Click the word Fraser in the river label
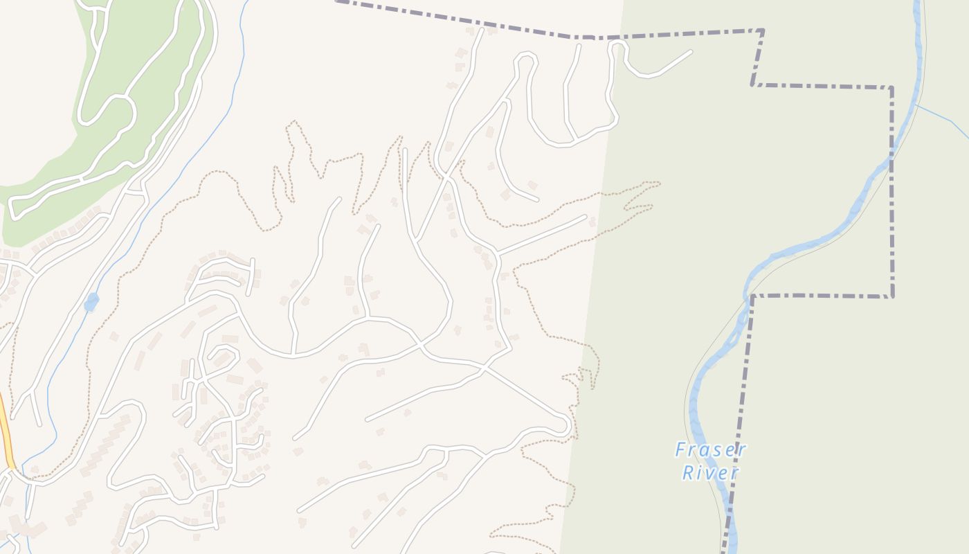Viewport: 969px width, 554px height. (x=711, y=450)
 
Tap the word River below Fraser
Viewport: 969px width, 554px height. (x=710, y=473)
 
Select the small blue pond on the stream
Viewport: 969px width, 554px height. (x=91, y=302)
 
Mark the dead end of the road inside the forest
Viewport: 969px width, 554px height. (x=690, y=51)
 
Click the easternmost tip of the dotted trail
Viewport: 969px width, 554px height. (x=659, y=184)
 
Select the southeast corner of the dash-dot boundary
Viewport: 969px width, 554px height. (x=892, y=296)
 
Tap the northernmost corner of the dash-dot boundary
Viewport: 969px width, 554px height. (x=763, y=30)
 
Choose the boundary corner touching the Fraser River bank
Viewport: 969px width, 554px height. (x=752, y=296)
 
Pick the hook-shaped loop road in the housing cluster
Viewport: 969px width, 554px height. (x=225, y=353)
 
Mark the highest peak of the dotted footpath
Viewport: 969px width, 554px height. (x=294, y=123)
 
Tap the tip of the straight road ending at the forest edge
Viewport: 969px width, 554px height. (x=585, y=217)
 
